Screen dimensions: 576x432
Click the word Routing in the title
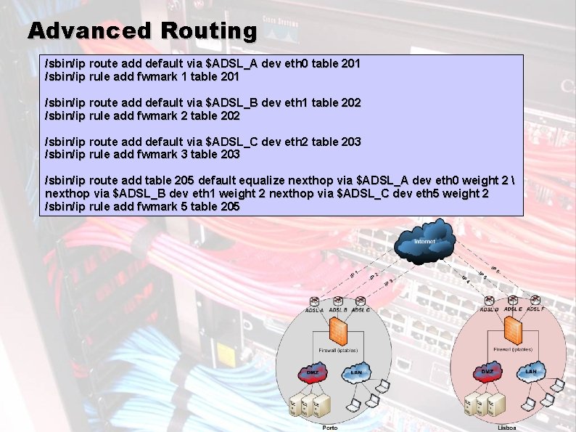click(210, 30)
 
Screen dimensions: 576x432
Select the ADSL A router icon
click(315, 301)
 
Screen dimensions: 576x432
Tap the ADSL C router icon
click(361, 301)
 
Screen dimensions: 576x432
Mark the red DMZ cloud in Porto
click(310, 372)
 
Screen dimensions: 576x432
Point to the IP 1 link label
click(354, 272)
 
